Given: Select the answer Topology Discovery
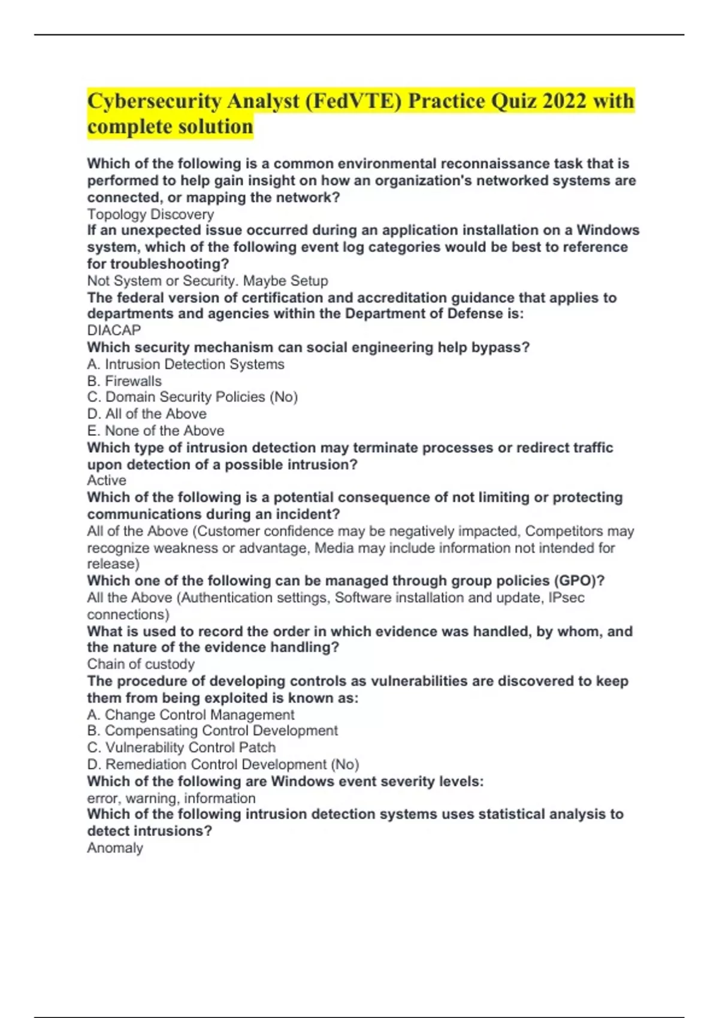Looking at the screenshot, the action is tap(150, 214).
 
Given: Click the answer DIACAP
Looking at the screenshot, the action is tap(114, 330).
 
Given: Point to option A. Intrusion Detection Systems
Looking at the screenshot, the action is tap(186, 364).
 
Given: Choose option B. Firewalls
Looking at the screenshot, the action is tap(124, 381).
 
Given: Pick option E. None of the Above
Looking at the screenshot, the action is tap(156, 431).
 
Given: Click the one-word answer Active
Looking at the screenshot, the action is tap(107, 480).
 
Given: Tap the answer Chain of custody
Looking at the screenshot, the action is tap(141, 664).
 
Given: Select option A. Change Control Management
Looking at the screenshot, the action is tap(191, 714).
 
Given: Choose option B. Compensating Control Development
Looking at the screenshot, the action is tap(212, 731).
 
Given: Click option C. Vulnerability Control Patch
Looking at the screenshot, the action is tap(182, 747).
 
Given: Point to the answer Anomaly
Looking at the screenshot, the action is tap(115, 848).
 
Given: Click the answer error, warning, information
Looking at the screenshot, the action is tap(171, 798).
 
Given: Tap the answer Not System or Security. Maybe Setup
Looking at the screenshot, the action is tap(207, 281).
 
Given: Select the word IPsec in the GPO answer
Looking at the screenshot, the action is tap(566, 598).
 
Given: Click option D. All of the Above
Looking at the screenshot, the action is tap(147, 414).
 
